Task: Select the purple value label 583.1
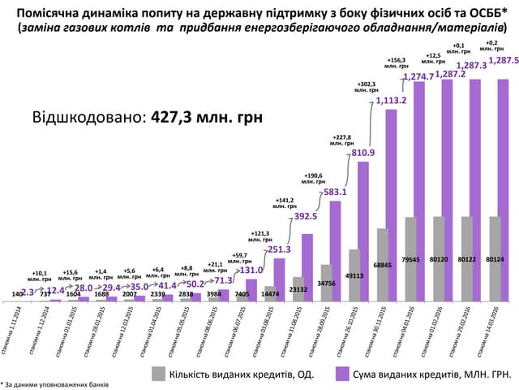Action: click(x=335, y=193)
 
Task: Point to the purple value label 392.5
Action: click(x=307, y=218)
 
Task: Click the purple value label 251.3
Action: click(x=279, y=249)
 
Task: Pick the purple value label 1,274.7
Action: click(x=418, y=78)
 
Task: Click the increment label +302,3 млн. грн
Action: click(x=367, y=87)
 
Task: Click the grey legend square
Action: click(x=160, y=373)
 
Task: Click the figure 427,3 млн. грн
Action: click(x=205, y=116)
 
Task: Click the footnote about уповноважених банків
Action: click(x=55, y=382)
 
